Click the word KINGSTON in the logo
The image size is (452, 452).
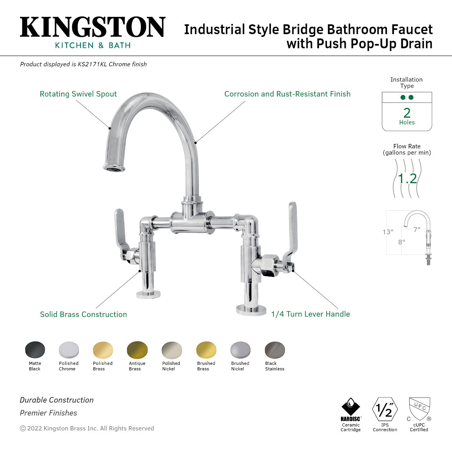coord(93,27)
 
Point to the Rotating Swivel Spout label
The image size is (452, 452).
coord(78,94)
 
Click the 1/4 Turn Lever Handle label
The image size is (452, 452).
coord(310,314)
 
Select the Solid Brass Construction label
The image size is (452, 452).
coord(84,314)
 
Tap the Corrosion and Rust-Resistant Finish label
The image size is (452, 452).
coord(287,94)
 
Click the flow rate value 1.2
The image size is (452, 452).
coord(407,179)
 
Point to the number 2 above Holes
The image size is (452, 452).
coord(407,113)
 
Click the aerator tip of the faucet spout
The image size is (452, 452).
coord(114,168)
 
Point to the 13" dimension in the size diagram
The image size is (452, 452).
coord(388,232)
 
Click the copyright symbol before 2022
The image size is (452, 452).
coord(23,428)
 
